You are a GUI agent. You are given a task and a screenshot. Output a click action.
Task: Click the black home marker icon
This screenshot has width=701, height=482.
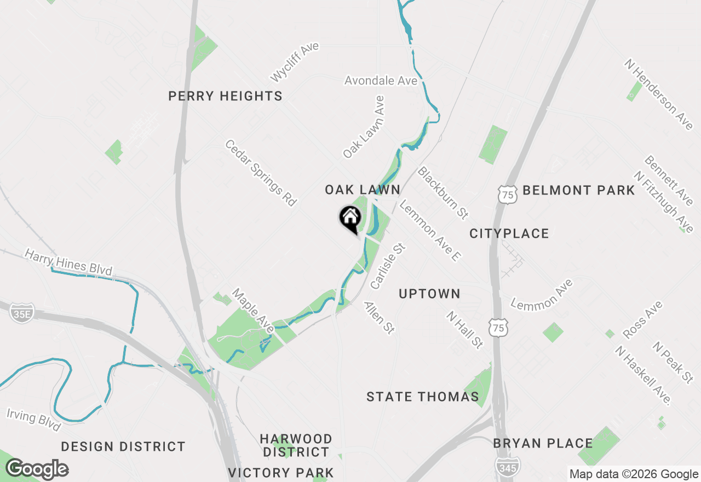coord(350,219)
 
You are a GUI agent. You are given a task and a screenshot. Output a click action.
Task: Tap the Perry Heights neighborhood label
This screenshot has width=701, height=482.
coord(225,96)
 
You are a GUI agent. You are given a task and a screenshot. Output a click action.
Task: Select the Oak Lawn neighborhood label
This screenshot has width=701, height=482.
coord(363,190)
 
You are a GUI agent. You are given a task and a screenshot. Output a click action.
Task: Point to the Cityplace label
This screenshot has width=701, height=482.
coord(509,233)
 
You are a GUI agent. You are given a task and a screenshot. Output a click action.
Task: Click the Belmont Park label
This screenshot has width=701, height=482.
coord(579,191)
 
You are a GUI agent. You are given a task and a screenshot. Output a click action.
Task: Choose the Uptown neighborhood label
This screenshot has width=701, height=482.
coord(429,294)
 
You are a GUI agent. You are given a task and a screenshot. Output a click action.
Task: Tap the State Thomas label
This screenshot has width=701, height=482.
coord(423,397)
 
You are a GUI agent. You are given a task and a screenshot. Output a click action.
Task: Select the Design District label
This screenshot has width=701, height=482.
coord(123,447)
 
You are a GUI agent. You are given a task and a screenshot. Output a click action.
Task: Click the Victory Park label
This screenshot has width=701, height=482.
coord(281,473)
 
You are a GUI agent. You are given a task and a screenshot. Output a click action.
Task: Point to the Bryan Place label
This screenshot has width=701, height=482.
coord(543,443)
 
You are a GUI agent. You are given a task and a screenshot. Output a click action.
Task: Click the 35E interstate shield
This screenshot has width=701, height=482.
coord(22,313)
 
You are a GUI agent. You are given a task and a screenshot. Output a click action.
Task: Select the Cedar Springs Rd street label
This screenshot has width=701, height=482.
coord(261,173)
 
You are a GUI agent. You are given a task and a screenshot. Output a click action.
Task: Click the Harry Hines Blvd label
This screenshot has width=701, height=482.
coord(68,262)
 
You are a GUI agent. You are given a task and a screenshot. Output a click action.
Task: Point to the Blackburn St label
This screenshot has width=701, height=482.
coord(443,192)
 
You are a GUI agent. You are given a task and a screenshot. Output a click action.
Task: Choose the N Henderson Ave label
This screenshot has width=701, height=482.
coord(658,94)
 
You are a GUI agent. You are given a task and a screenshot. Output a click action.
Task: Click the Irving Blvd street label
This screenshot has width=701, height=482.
coord(33,418)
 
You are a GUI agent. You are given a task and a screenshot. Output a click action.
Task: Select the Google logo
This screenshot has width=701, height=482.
coord(37,469)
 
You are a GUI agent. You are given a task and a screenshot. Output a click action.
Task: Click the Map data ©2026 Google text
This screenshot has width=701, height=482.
coord(634,474)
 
